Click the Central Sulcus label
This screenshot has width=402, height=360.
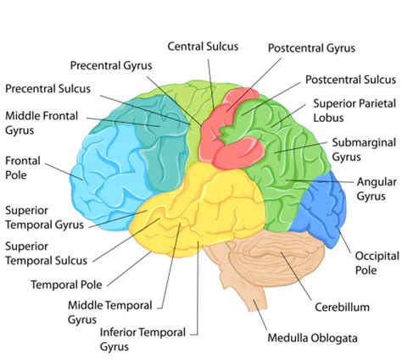203,47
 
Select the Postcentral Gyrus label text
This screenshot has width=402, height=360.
311,48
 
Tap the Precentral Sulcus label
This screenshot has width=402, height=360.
47,89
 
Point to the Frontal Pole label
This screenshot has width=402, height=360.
23,168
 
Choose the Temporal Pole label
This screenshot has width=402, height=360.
66,285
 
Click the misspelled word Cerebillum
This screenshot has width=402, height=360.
342,307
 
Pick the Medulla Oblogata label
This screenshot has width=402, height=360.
312,338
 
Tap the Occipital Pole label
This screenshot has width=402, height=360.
377,263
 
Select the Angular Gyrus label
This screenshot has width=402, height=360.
377,189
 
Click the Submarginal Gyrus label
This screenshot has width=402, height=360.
364,150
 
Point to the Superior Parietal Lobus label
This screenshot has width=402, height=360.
355,110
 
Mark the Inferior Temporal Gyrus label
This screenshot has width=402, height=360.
142,340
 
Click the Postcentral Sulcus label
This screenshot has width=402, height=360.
350,80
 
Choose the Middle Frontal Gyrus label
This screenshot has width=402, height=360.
42,123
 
